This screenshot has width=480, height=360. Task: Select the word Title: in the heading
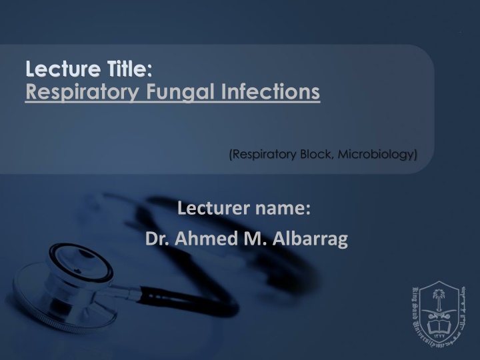click(125, 69)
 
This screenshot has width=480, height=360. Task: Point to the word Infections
click(267, 91)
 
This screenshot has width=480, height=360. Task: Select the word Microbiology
click(378, 155)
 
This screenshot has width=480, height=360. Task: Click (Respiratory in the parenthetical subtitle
click(261, 155)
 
